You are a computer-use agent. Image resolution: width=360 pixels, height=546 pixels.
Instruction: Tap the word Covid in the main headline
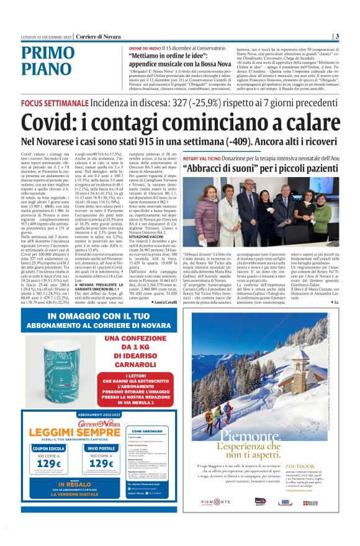49,119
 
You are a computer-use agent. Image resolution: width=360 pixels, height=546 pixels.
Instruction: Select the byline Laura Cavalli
164,283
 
